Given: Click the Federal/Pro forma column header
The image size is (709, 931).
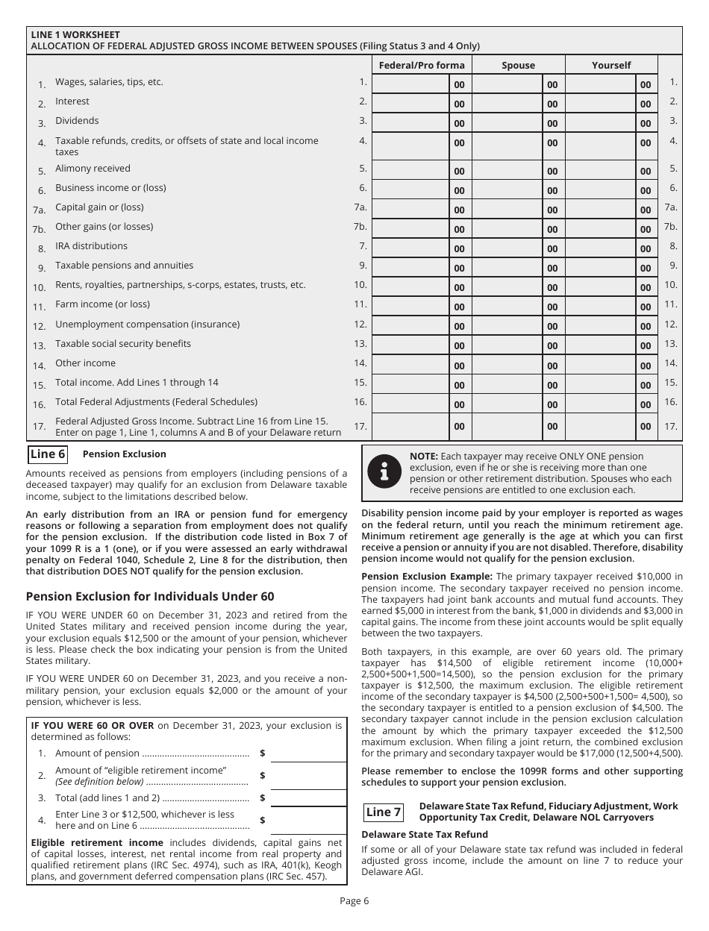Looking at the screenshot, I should (422, 65).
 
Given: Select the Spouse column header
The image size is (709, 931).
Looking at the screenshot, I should (518, 65).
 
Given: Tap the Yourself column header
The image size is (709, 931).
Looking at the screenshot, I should (611, 65).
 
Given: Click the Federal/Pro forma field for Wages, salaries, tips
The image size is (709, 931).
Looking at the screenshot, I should (410, 84).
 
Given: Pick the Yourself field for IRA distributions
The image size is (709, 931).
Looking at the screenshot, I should (600, 248).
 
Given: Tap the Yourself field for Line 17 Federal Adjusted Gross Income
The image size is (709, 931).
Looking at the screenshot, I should (600, 426).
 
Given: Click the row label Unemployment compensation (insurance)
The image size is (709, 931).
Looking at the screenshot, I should (147, 325).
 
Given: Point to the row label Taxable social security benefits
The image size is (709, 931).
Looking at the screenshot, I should (123, 344).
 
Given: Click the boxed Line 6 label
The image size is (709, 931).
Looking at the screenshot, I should (48, 454).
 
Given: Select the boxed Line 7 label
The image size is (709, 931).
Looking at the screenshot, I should (384, 812).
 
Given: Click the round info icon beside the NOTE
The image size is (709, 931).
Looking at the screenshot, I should (385, 473).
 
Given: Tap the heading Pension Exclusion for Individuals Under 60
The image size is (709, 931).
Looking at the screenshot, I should (150, 597).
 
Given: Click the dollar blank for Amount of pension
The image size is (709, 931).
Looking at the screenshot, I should (308, 753).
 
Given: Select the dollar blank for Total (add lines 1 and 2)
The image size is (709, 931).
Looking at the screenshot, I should (308, 797).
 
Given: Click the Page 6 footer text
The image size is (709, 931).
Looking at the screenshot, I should (354, 900).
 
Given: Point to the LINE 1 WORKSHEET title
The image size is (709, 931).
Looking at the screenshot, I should (75, 35).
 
